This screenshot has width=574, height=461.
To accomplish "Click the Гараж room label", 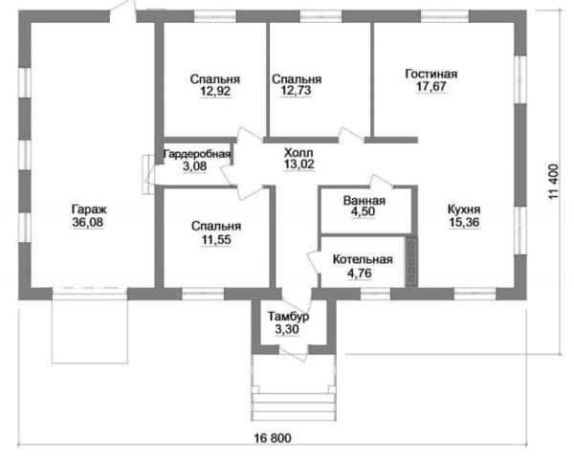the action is (x=89, y=210).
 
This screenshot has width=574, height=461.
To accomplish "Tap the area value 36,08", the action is (x=88, y=222).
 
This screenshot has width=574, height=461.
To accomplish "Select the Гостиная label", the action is (x=431, y=74).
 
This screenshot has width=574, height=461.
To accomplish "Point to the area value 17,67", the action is (x=431, y=86).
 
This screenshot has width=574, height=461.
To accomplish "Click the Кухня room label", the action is (x=464, y=210).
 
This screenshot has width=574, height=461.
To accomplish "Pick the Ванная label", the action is (x=364, y=201).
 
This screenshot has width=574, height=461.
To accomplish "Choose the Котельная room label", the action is (x=363, y=260).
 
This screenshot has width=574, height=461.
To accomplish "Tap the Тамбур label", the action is (x=288, y=317).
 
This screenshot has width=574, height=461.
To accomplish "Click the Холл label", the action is (x=298, y=153).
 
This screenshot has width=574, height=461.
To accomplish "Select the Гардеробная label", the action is (x=196, y=154).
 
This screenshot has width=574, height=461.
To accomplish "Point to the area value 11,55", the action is (x=216, y=240).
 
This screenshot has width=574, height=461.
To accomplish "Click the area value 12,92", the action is (x=215, y=91).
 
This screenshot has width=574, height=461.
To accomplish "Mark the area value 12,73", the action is (x=297, y=90).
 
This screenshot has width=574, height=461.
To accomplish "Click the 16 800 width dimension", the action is (x=273, y=438).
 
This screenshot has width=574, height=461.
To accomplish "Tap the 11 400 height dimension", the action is (x=554, y=182).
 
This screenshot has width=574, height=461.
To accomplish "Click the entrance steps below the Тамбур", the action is (x=294, y=406).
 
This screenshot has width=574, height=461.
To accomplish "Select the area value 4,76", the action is (x=360, y=273).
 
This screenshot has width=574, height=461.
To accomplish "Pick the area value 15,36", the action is (x=464, y=223).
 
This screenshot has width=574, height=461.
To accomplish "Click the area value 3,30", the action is (x=287, y=329).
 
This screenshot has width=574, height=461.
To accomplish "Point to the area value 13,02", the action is (x=299, y=165).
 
